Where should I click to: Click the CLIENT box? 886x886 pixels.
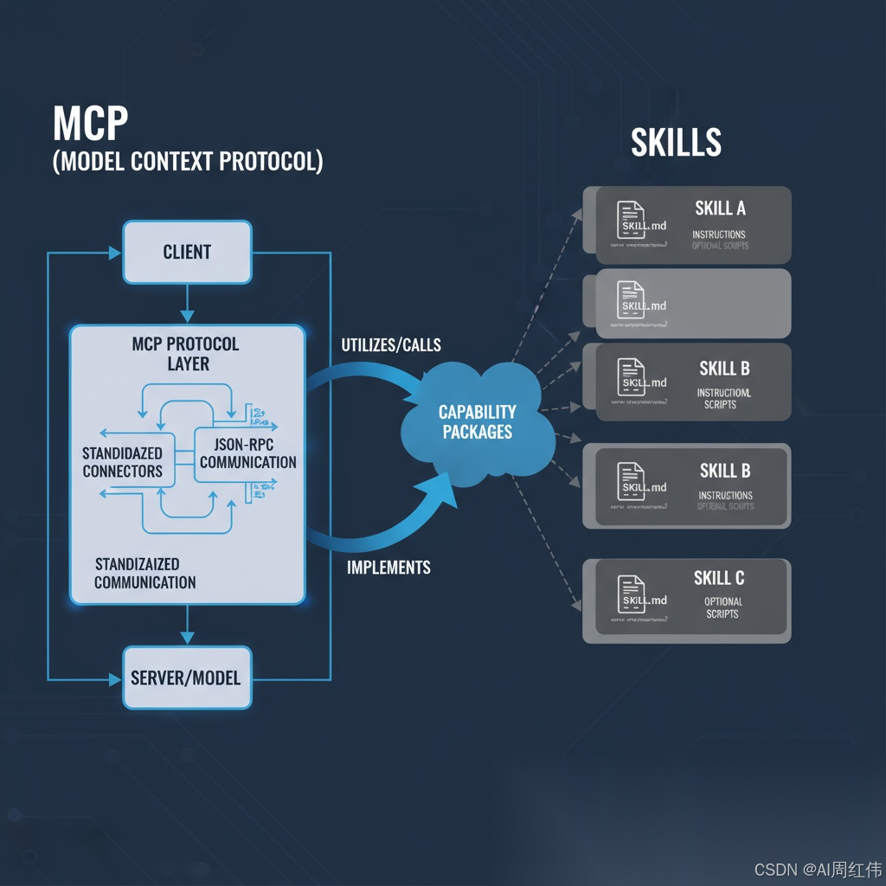(187, 252)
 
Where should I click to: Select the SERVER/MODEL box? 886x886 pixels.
(187, 677)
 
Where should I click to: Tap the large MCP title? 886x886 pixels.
(90, 124)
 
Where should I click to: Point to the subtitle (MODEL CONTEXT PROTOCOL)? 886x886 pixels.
(188, 162)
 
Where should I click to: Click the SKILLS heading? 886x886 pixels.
(676, 143)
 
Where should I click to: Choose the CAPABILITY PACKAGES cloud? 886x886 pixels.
(478, 422)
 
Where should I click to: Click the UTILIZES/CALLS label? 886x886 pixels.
(391, 345)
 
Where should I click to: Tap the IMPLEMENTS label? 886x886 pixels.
(388, 568)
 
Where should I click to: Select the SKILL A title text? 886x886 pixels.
(720, 209)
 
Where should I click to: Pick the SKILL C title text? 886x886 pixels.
(718, 578)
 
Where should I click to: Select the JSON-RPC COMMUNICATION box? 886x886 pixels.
(247, 453)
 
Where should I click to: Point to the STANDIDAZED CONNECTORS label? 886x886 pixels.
(122, 462)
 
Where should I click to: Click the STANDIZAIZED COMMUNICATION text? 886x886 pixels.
(144, 573)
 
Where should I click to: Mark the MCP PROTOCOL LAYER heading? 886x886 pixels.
(185, 353)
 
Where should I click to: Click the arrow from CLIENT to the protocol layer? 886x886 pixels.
(187, 304)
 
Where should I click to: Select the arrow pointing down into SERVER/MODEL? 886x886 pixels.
(187, 626)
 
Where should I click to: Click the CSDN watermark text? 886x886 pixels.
(818, 870)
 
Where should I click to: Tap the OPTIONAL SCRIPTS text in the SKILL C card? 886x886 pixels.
(722, 607)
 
